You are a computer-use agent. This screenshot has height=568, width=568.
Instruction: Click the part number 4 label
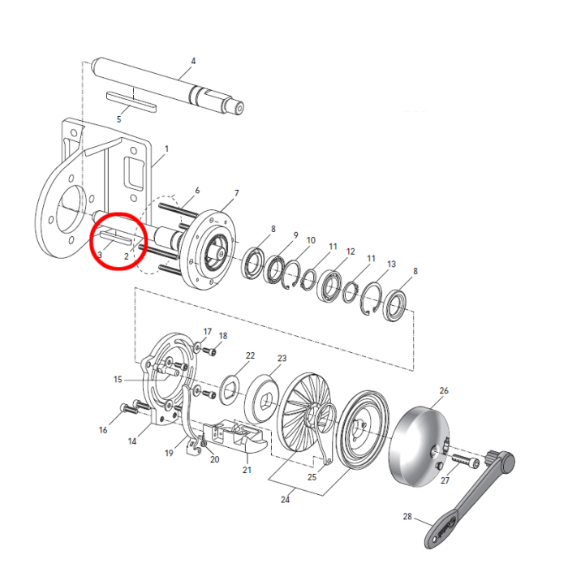coord(193,61)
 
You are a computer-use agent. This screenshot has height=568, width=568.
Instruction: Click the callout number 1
coord(166,148)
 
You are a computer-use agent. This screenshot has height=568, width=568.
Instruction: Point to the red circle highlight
coord(118,243)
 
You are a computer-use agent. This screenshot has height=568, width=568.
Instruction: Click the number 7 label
coord(236,192)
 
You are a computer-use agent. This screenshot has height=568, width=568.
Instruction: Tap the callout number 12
coord(351,252)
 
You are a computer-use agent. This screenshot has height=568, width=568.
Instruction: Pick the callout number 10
coord(311,241)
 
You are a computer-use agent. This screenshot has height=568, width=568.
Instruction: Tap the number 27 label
coord(445,480)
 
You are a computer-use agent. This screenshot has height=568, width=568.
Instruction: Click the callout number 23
coord(282,358)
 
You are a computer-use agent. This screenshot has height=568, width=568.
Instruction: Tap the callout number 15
coord(118,379)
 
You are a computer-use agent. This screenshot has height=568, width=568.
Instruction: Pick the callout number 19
coord(170,453)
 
